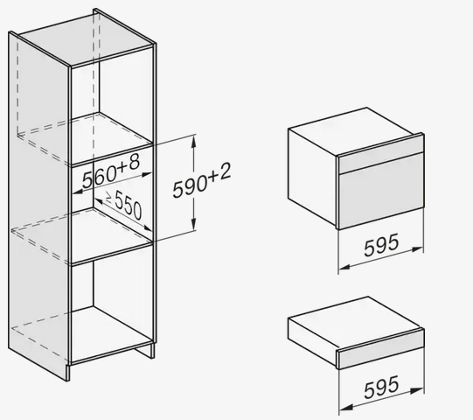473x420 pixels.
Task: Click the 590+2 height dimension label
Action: [202, 180]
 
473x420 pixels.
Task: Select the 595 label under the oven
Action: [381, 245]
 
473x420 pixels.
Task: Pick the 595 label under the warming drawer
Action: [381, 387]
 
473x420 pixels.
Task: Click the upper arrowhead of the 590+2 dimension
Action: [194, 142]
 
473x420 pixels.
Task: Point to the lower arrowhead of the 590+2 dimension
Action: [194, 223]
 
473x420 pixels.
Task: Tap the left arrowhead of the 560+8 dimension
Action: [79, 191]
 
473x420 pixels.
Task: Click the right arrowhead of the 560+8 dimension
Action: [145, 174]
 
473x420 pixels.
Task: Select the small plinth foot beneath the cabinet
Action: [144, 351]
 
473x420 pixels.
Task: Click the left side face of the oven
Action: [312, 178]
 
